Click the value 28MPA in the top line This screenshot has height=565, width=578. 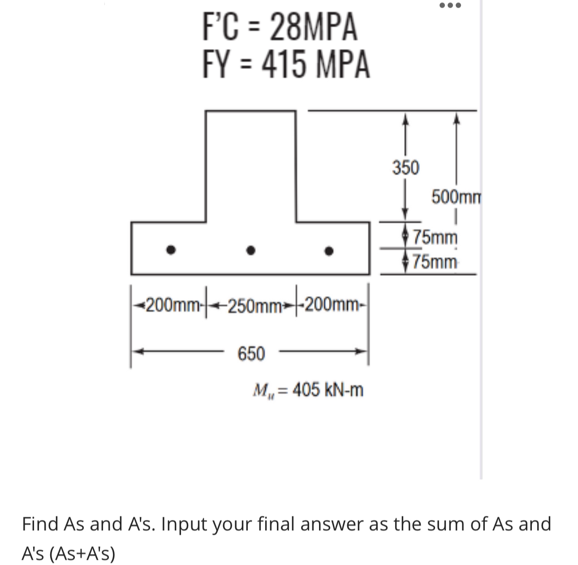point(314,27)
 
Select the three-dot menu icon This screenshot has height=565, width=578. point(450,6)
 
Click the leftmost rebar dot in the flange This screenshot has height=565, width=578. point(169,250)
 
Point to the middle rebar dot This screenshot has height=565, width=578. point(251,251)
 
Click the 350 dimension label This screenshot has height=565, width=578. point(405,168)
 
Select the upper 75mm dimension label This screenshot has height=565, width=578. point(435,236)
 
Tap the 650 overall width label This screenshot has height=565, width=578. point(251,354)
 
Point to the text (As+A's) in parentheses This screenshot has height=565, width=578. point(82,554)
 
